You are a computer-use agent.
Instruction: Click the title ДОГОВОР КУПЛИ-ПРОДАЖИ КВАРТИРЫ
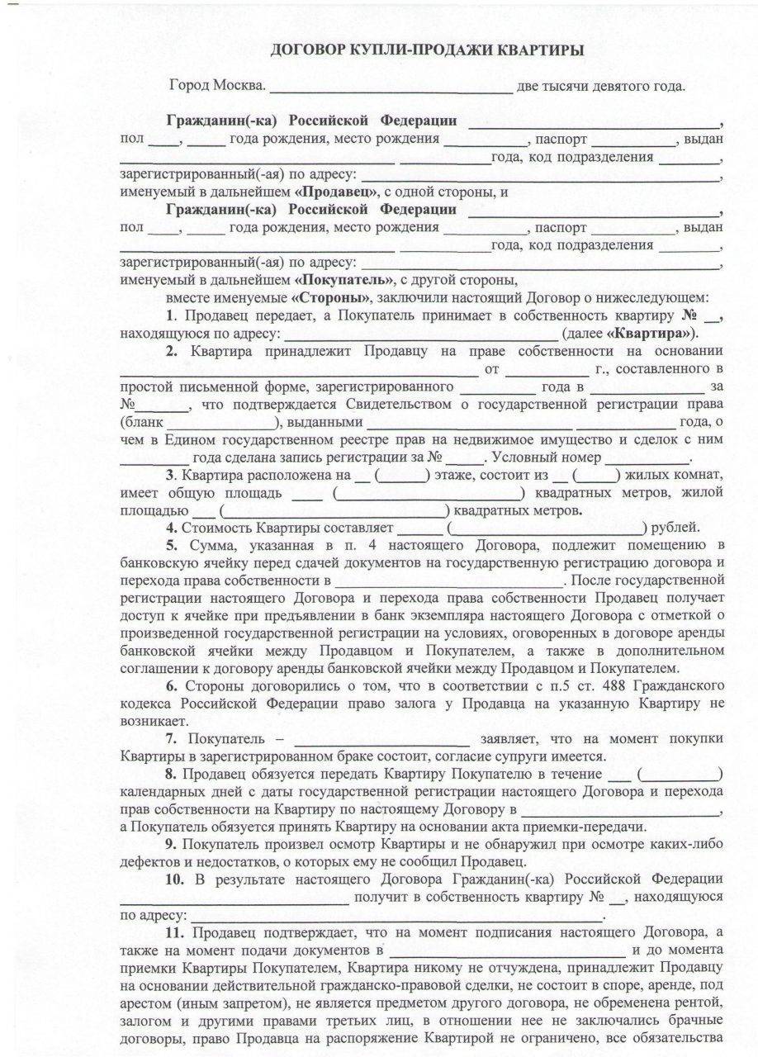point(427,50)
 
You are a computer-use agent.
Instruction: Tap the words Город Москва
point(217,86)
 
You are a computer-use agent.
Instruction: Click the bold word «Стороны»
point(332,296)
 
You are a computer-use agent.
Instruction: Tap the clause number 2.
point(171,351)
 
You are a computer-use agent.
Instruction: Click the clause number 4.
point(170,528)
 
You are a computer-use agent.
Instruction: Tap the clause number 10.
point(174,878)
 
